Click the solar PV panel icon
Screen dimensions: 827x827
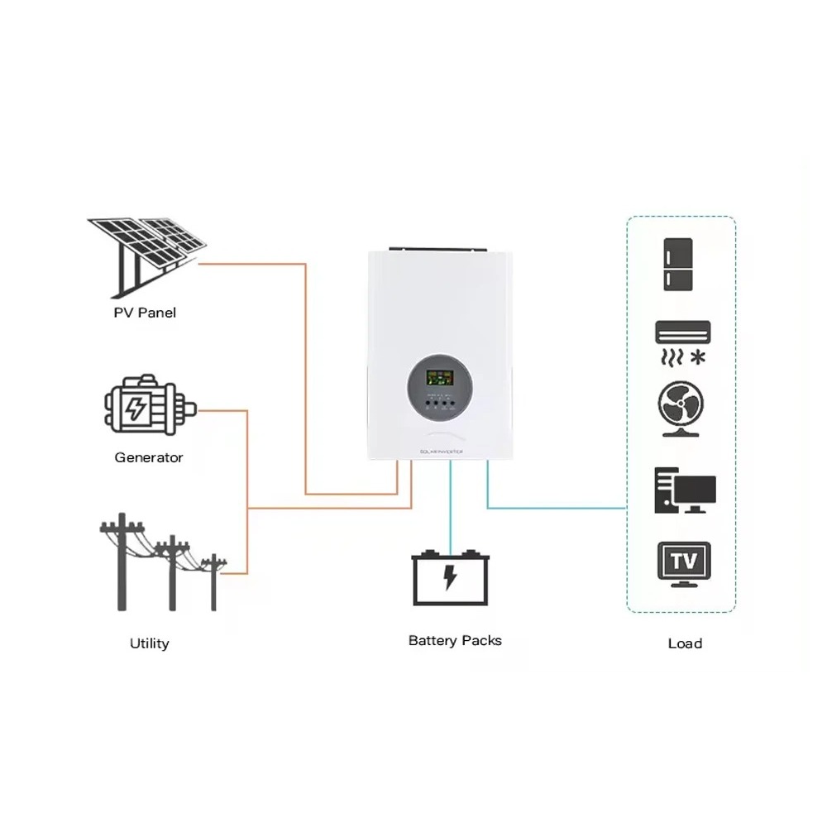pos(146,252)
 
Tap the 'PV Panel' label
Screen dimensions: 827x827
pos(145,313)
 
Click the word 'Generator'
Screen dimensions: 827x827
pos(149,457)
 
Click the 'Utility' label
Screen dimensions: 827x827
pos(150,643)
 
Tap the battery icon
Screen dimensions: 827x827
pos(451,577)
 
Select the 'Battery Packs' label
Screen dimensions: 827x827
pos(455,640)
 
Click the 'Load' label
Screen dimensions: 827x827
pos(685,643)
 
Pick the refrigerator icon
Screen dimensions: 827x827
pos(681,265)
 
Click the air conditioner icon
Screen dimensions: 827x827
pos(682,332)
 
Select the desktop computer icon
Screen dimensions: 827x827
pos(684,490)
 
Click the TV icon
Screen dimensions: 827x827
pos(683,563)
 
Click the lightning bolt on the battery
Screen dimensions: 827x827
pos(450,577)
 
